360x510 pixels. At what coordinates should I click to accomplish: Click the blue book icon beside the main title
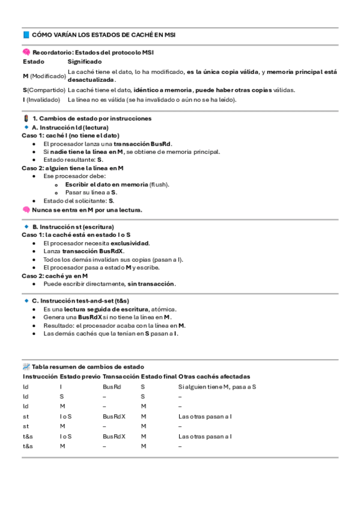tap(26, 35)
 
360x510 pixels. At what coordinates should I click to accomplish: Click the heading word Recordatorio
tap(52, 52)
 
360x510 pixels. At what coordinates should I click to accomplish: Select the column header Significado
tap(85, 61)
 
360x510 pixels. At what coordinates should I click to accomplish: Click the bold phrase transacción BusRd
tap(142, 144)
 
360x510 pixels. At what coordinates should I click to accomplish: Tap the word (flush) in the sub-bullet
tap(159, 184)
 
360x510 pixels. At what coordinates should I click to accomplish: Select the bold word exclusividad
tap(127, 243)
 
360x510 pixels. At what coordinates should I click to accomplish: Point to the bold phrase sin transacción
tap(151, 283)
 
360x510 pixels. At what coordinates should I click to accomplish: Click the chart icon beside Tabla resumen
tap(26, 366)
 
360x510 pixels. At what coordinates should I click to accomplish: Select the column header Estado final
tap(159, 376)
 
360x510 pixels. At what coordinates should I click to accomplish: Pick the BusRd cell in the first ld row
tap(112, 387)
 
